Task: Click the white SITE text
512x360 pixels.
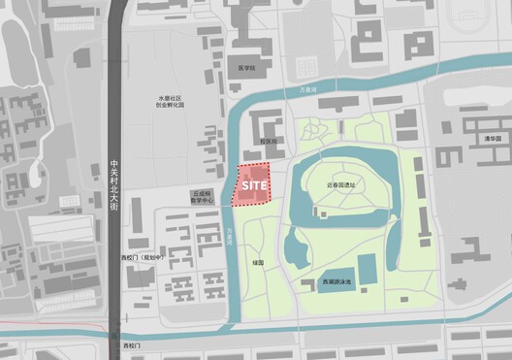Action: (254, 183)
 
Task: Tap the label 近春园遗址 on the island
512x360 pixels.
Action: (340, 183)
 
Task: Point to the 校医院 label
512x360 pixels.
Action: (268, 141)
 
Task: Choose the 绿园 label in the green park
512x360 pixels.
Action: (258, 261)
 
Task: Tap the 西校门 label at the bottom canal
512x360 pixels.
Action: (132, 345)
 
